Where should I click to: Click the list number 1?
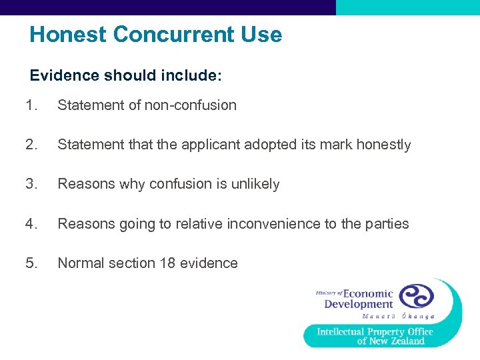(30, 105)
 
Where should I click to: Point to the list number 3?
(30, 184)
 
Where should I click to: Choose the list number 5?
(30, 263)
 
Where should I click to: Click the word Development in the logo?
(359, 305)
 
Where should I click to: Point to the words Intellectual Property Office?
(375, 331)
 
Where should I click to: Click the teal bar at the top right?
(407, 7)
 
